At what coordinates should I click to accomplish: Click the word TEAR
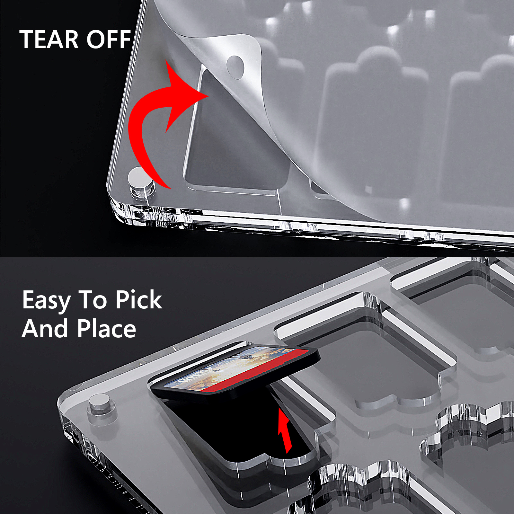click(49, 40)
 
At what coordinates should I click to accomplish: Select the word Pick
click(139, 300)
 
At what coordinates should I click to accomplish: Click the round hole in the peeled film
click(235, 67)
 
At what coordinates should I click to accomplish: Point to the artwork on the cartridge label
click(218, 369)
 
